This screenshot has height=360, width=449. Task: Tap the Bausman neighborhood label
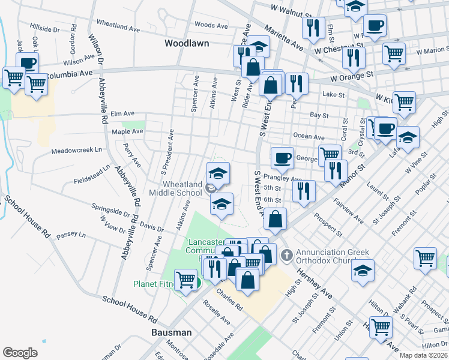point(171,332)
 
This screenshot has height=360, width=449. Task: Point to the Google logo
point(20,353)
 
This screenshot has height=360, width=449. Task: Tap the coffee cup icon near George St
point(282,159)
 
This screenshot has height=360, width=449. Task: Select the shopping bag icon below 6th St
point(275,220)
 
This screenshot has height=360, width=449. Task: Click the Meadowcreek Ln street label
point(74,151)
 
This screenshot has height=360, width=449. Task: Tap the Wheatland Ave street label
point(118,26)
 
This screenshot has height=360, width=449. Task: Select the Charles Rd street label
point(230,301)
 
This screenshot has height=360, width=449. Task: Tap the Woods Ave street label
point(211,25)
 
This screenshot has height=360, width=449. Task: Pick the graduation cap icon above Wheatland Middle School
point(218,173)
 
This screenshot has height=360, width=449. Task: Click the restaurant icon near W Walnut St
point(313,28)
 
